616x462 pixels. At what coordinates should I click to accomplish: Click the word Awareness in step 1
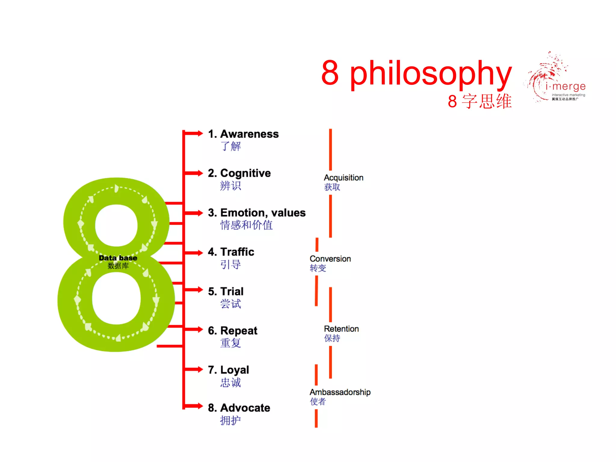click(249, 134)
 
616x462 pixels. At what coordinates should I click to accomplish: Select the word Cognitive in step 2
click(245, 173)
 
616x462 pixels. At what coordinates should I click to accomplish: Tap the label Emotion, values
click(263, 213)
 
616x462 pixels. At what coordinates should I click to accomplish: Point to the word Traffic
click(237, 252)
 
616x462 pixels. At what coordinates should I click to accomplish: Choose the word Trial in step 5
click(232, 291)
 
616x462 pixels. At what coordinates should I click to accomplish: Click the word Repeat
click(239, 331)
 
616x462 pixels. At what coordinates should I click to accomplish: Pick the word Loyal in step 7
click(235, 370)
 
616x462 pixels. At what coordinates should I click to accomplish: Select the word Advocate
click(245, 408)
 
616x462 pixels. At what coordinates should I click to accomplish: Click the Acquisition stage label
click(343, 178)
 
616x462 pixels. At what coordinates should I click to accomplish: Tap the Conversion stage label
click(330, 259)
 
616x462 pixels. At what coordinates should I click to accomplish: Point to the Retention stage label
click(341, 329)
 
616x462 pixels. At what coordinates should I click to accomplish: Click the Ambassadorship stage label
click(340, 392)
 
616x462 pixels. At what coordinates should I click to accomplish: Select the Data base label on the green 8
click(118, 258)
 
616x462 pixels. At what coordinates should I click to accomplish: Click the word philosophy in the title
click(431, 73)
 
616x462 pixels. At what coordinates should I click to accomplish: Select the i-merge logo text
click(565, 87)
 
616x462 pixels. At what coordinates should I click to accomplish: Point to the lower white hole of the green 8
click(116, 298)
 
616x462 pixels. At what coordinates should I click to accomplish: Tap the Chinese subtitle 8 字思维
click(479, 101)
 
